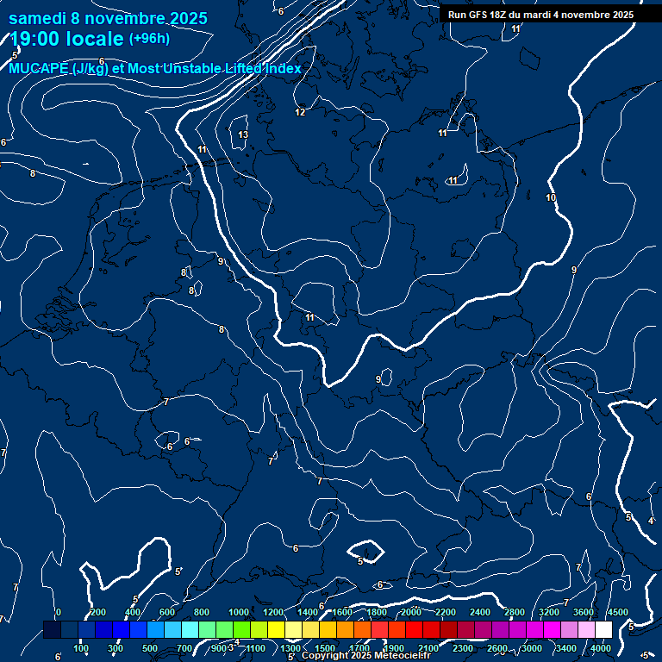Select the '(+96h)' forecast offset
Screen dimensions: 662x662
pyautogui.click(x=149, y=39)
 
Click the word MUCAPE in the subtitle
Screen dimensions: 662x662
pyautogui.click(x=39, y=69)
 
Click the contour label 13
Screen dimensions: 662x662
pyautogui.click(x=243, y=134)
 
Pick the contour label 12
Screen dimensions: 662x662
pyautogui.click(x=300, y=112)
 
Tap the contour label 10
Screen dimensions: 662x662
pyautogui.click(x=551, y=198)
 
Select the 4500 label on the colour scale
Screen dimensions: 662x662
pyautogui.click(x=617, y=613)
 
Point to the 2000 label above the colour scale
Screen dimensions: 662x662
pyautogui.click(x=409, y=613)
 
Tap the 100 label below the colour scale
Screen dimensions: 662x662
pyautogui.click(x=81, y=648)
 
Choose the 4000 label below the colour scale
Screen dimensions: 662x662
pyautogui.click(x=601, y=648)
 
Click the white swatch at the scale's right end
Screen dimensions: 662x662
pyautogui.click(x=603, y=630)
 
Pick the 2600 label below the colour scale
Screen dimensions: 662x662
pyautogui.click(x=496, y=648)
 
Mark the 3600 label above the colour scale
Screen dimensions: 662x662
pyautogui.click(x=584, y=613)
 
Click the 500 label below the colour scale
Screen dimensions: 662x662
pyautogui.click(x=150, y=648)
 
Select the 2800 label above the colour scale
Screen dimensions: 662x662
pyautogui.click(x=514, y=613)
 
